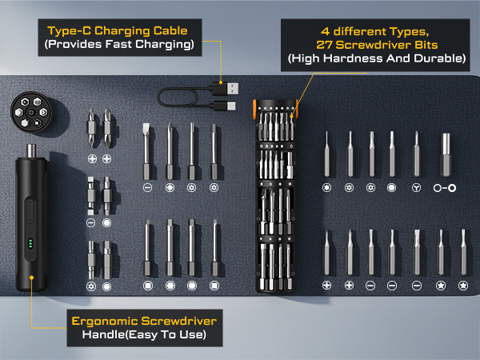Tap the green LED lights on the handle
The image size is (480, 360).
point(30,244)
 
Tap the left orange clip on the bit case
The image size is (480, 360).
point(254,106)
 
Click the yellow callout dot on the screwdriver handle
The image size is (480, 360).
point(32,280)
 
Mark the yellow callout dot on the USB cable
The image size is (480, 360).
point(221,81)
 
